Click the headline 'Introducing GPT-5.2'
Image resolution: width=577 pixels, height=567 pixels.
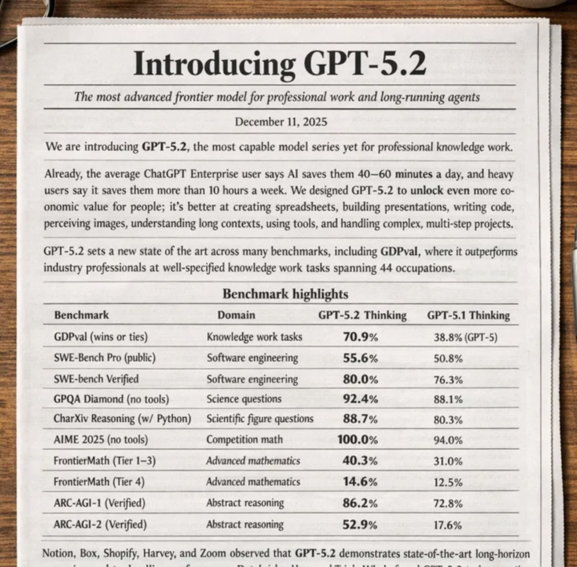(x=280, y=63)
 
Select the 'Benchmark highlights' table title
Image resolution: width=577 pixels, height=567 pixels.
(x=284, y=294)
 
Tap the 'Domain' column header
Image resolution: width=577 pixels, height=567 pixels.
(x=236, y=315)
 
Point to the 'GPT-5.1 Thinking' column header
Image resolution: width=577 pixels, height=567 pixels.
(x=468, y=315)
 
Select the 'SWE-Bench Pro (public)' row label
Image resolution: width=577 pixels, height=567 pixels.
(x=104, y=358)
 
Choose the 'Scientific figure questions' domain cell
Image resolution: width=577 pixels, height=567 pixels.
(x=260, y=419)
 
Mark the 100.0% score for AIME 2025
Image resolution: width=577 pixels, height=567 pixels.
(x=357, y=439)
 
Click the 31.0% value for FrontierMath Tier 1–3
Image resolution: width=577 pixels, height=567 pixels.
(x=447, y=461)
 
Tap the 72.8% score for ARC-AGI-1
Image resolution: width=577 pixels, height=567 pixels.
(x=447, y=504)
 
